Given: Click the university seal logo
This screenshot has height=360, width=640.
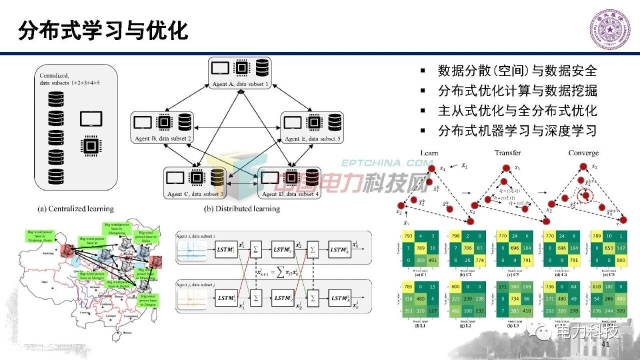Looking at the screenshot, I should click(609, 29).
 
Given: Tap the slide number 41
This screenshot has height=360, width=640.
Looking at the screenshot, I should click(605, 345).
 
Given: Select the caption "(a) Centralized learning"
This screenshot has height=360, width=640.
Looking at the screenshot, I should click(76, 208).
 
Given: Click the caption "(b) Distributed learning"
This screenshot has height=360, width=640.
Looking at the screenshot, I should click(242, 208).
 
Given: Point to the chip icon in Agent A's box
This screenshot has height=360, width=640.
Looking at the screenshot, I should click(241, 67).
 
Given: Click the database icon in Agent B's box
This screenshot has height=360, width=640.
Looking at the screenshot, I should click(185, 122).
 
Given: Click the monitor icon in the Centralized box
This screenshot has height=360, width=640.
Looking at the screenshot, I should click(91, 119).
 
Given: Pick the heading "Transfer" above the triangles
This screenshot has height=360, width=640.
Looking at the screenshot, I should click(507, 153).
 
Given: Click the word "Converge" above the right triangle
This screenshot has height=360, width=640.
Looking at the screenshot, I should click(583, 153).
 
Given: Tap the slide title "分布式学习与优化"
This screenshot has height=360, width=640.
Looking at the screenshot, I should click(103, 31).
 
